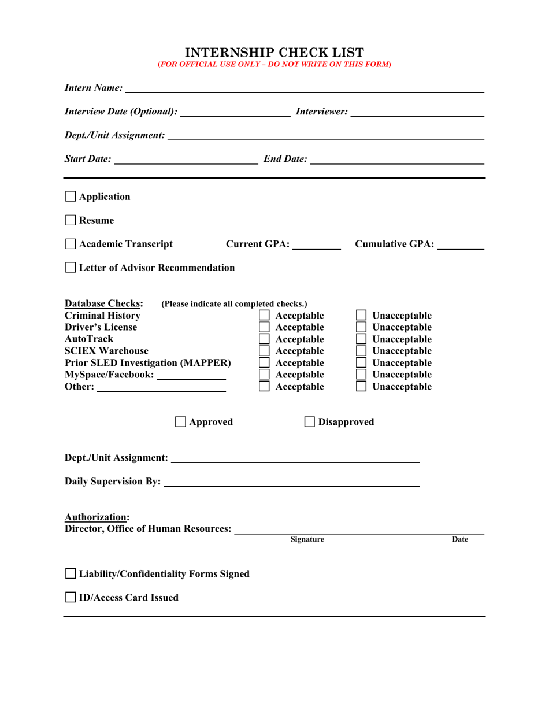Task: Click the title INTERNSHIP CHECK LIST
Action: click(x=274, y=52)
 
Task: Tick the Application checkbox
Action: click(x=70, y=197)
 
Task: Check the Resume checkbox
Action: click(x=70, y=220)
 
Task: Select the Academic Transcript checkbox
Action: click(x=70, y=244)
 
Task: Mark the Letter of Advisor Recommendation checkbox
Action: click(x=70, y=268)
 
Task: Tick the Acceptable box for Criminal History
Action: click(x=264, y=316)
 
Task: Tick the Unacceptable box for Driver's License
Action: click(x=361, y=327)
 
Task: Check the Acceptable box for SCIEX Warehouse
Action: click(x=264, y=351)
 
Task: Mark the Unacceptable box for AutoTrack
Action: click(x=361, y=339)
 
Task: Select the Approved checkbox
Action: click(x=180, y=422)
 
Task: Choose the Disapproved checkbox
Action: click(x=310, y=422)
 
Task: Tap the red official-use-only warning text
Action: click(x=274, y=64)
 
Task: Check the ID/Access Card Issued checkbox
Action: click(x=70, y=597)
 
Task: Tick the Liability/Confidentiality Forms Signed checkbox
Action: click(x=70, y=573)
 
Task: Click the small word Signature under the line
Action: click(x=307, y=539)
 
